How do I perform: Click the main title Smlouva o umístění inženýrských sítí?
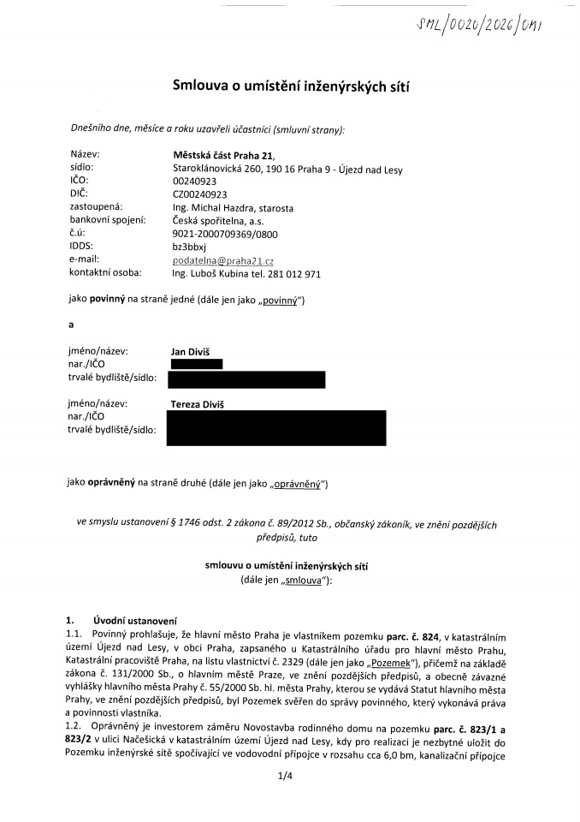tap(289, 84)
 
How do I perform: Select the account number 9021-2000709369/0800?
tap(225, 233)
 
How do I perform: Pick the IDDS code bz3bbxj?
tap(190, 246)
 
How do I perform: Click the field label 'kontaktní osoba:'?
tap(105, 272)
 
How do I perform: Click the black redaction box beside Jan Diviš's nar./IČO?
tap(196, 364)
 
